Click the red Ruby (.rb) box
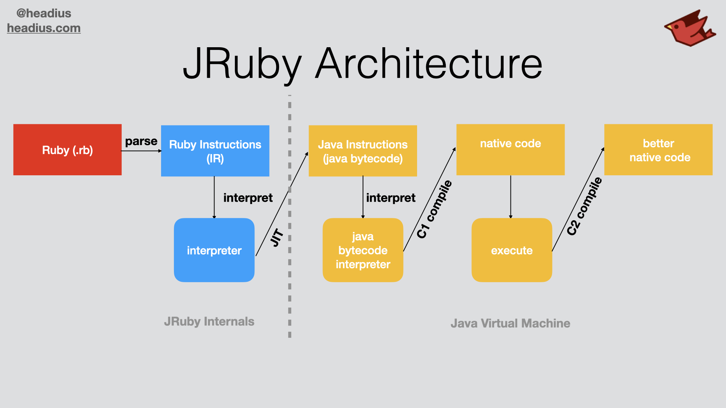(67, 150)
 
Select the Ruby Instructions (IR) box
(215, 151)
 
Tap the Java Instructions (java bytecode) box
(363, 151)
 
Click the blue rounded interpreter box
(214, 250)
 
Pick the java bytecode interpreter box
(363, 250)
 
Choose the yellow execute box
(512, 250)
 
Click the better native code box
(658, 150)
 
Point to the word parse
(141, 141)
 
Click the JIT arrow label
(277, 238)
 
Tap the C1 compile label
(434, 209)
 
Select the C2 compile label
(584, 206)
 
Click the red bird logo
(689, 29)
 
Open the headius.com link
(44, 28)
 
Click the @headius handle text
(44, 13)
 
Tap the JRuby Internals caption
(209, 321)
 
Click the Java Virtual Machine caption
(510, 323)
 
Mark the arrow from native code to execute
(510, 196)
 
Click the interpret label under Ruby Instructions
(248, 198)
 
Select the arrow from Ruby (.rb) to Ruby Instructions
(141, 151)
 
